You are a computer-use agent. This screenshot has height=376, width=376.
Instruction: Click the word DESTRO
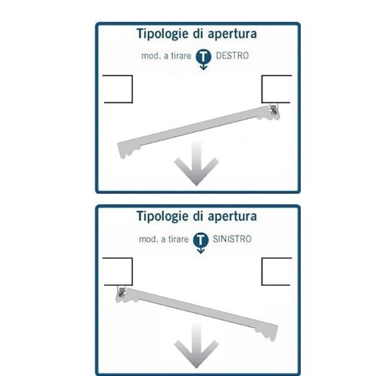click(x=232, y=56)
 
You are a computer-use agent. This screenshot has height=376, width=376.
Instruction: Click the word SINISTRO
click(x=232, y=239)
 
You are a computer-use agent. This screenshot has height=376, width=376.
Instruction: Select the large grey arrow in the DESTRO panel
click(x=196, y=165)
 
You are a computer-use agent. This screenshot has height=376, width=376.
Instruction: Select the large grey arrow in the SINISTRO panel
click(x=196, y=348)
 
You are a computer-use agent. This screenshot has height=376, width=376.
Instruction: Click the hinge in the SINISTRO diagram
click(x=122, y=292)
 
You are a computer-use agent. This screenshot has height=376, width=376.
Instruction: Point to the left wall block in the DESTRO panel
click(x=118, y=89)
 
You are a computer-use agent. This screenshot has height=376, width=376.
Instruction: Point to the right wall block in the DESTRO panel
click(x=276, y=89)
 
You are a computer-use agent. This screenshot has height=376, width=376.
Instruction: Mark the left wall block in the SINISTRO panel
click(x=118, y=272)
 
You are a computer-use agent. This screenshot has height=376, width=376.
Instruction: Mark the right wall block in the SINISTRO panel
click(x=276, y=272)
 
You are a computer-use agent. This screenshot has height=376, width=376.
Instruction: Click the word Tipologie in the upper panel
click(x=162, y=34)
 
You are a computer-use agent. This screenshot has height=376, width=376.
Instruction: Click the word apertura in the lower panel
click(x=232, y=217)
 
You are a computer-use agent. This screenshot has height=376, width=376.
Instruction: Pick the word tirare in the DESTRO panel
click(x=181, y=56)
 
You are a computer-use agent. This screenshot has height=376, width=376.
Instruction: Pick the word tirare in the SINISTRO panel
click(x=178, y=239)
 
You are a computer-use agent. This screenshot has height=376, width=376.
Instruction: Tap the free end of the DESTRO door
click(x=122, y=150)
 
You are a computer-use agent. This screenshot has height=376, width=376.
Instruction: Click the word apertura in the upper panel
click(x=232, y=34)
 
